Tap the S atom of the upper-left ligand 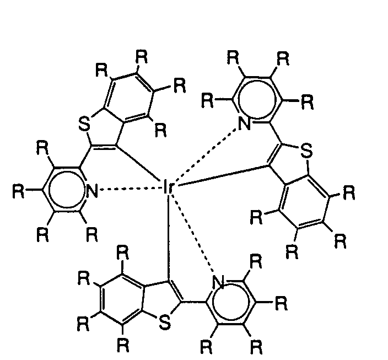(x=84, y=125)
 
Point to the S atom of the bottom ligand (x=164, y=323)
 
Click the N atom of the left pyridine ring (x=92, y=192)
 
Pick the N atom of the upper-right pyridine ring (x=246, y=123)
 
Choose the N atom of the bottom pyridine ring (x=219, y=283)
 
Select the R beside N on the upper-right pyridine (x=207, y=100)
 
